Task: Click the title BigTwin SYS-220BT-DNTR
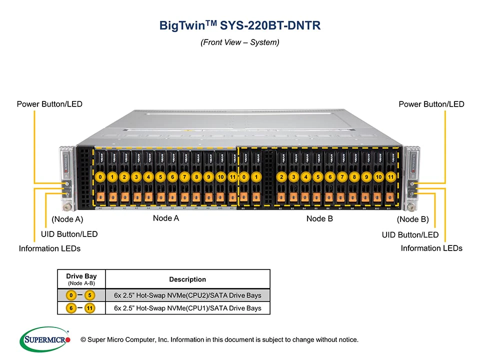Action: (x=239, y=25)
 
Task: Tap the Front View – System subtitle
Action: (x=239, y=42)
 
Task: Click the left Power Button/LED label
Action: (x=49, y=104)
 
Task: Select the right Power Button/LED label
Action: (x=431, y=104)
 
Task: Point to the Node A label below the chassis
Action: (x=166, y=218)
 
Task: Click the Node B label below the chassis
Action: (x=319, y=218)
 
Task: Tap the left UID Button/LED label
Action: (x=69, y=234)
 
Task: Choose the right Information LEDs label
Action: (x=431, y=248)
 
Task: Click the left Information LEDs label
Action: (x=49, y=248)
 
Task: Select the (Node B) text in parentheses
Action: (x=412, y=219)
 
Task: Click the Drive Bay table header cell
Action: (x=81, y=278)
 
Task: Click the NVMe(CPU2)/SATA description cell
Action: (x=187, y=295)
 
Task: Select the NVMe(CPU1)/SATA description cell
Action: (x=187, y=308)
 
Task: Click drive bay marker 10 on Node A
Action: (x=220, y=177)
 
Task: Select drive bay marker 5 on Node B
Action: (x=317, y=177)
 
